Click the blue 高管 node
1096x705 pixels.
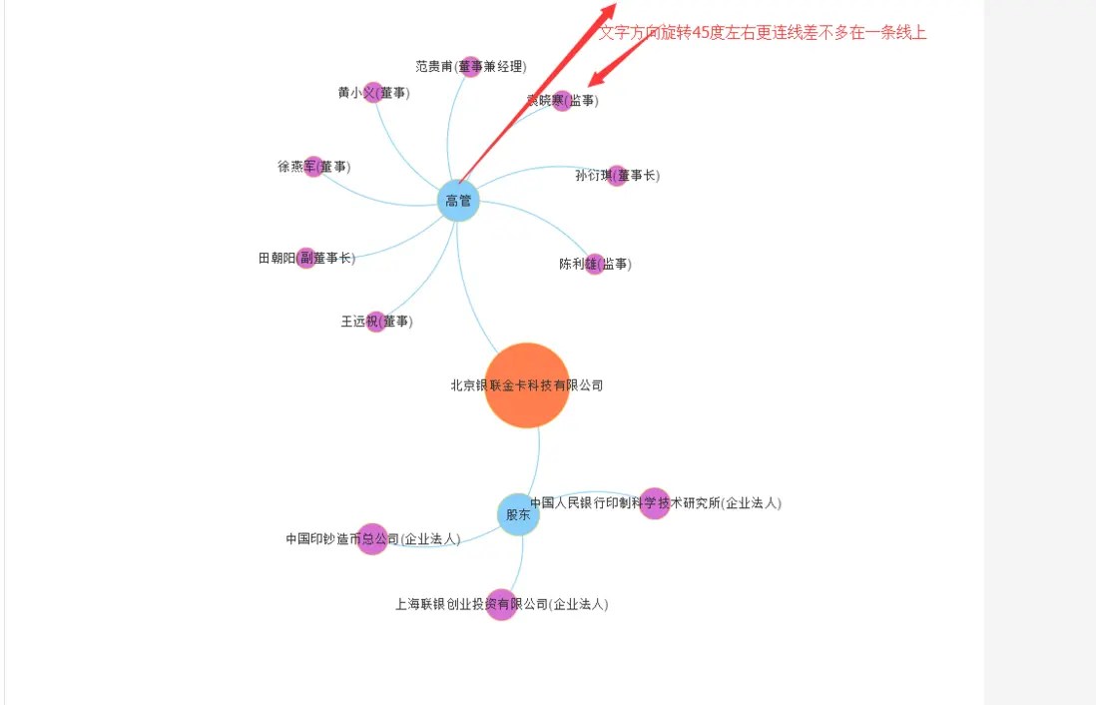coord(458,202)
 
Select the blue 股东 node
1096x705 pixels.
coord(518,514)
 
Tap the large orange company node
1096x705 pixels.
coord(527,385)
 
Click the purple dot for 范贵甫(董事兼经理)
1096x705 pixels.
coord(470,67)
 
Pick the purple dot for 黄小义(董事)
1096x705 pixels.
coord(373,93)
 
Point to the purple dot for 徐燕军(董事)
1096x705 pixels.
coord(313,167)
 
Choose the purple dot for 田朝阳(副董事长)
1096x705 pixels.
coord(306,258)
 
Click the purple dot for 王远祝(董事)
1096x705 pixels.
coord(375,322)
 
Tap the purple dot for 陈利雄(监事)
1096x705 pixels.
coord(595,265)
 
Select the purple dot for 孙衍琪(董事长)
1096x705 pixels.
coord(617,176)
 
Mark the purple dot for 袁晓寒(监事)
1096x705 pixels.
coord(562,100)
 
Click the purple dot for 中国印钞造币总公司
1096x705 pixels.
coord(372,539)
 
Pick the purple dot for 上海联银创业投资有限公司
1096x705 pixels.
coord(501,604)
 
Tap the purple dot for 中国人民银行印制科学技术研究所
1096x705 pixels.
coord(654,503)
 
